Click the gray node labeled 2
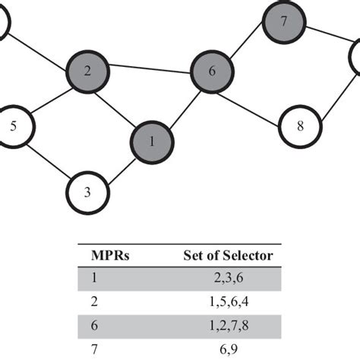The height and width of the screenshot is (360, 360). (x=87, y=71)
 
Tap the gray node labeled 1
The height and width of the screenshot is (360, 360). (x=152, y=141)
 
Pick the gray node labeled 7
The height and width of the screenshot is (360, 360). (x=283, y=21)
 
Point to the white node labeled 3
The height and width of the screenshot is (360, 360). (x=88, y=192)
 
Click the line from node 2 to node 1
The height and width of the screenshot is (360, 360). (x=119, y=106)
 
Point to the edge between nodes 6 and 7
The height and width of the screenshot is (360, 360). (x=248, y=46)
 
